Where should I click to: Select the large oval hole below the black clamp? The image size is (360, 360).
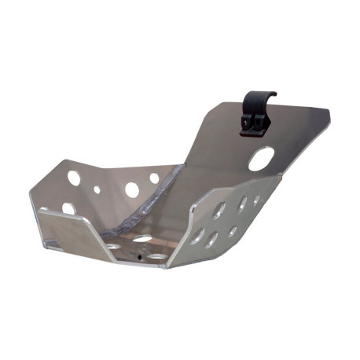pos(261,159)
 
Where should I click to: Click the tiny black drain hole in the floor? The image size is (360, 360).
pos(140,258)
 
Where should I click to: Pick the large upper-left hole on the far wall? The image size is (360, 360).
pos(73,178)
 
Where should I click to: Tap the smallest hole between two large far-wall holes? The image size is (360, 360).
pos(97,189)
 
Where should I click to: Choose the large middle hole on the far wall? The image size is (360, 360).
pos(131,189)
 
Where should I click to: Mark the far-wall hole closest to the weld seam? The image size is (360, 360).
pos(154,178)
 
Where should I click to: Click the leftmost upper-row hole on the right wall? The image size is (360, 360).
pos(220,210)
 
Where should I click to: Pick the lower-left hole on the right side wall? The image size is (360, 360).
pos(197,236)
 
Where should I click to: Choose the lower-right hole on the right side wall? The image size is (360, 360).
pos(233,231)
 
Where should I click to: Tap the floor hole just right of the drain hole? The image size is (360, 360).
pos(158,256)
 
